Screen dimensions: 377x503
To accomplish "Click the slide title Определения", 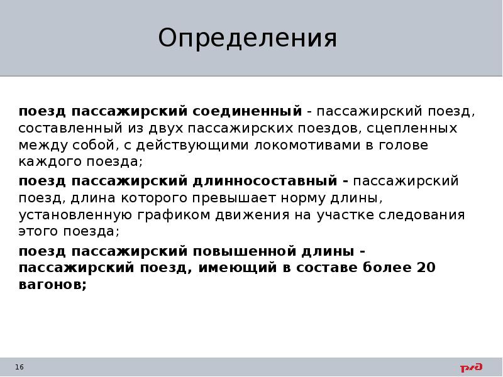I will (248, 38).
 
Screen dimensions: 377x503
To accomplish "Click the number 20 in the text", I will (426, 268).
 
